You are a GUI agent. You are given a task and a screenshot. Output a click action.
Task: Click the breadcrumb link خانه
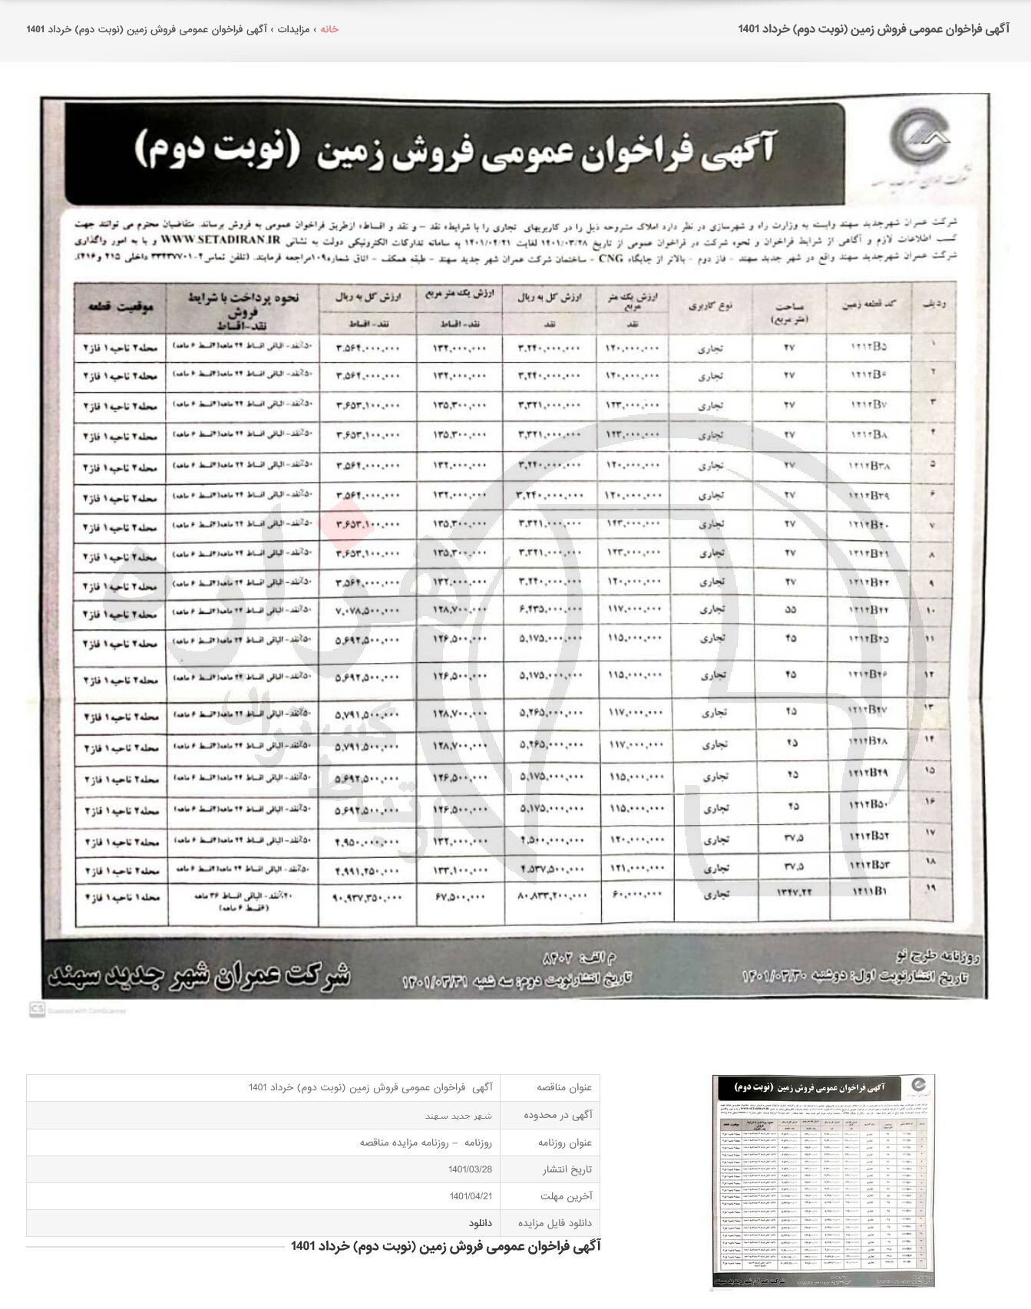(x=329, y=29)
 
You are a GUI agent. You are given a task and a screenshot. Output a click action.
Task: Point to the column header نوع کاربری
(x=710, y=305)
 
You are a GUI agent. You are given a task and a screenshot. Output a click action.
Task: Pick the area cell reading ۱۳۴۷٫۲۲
(x=789, y=893)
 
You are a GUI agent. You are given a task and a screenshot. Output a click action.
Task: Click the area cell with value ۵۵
(x=790, y=610)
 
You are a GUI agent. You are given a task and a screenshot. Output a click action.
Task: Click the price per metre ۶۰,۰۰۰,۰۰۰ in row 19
(x=634, y=895)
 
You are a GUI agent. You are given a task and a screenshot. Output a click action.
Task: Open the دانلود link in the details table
(x=481, y=1222)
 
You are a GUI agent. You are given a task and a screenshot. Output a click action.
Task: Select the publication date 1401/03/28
(x=470, y=1169)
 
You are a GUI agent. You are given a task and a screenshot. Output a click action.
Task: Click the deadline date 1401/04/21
(x=470, y=1196)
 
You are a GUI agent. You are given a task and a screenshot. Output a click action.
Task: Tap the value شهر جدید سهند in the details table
(x=459, y=1116)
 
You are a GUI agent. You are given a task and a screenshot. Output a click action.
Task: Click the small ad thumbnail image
(x=823, y=1182)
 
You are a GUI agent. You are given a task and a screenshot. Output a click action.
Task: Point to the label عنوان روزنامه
(x=565, y=1142)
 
